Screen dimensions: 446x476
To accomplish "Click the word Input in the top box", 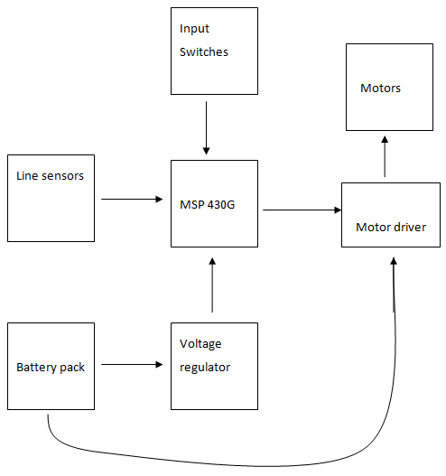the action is (x=194, y=29).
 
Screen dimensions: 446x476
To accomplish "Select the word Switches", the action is (x=204, y=51).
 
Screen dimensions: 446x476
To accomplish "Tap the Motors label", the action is (x=380, y=88).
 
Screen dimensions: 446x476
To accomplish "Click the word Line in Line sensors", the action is (x=27, y=176).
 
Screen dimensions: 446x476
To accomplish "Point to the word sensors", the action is (x=62, y=176).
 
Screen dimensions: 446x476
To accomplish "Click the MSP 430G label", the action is (x=208, y=205).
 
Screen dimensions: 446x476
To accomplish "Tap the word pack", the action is (x=72, y=368).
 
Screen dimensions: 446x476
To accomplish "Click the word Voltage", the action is (x=200, y=344).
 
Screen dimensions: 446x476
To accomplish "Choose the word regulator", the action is (x=205, y=368).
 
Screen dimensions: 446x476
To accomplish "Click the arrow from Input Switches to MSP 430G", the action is (x=207, y=128).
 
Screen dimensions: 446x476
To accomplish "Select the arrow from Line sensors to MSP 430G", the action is (x=132, y=199).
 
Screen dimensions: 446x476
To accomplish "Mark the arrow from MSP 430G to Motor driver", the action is (x=302, y=210).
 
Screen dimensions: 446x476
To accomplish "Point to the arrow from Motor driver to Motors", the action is (x=385, y=156).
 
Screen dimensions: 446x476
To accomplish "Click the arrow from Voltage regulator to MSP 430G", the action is (x=212, y=285).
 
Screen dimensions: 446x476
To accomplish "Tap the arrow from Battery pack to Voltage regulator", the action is (x=132, y=364).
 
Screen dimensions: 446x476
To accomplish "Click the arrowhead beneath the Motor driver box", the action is (x=394, y=261).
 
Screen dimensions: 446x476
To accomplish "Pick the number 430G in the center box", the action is (x=221, y=205).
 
